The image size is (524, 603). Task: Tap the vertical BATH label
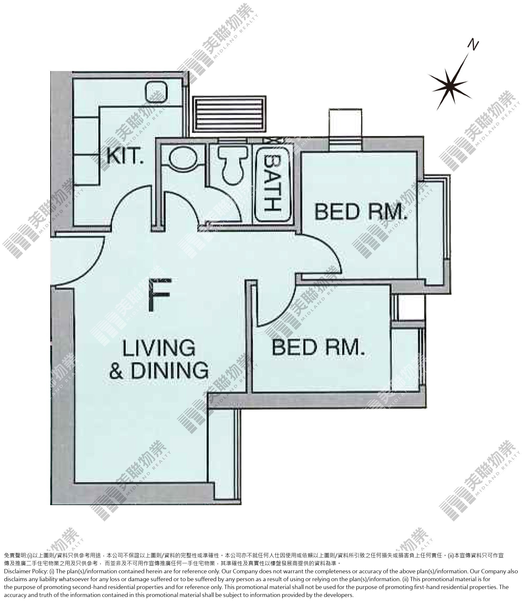coord(272,183)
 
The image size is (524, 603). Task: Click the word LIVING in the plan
coord(159,348)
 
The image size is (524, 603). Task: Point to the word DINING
coord(169,370)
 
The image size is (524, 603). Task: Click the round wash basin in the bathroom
coord(183,158)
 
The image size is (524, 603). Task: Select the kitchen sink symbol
coord(156,91)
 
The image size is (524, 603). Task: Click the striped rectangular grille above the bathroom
coord(229,114)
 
